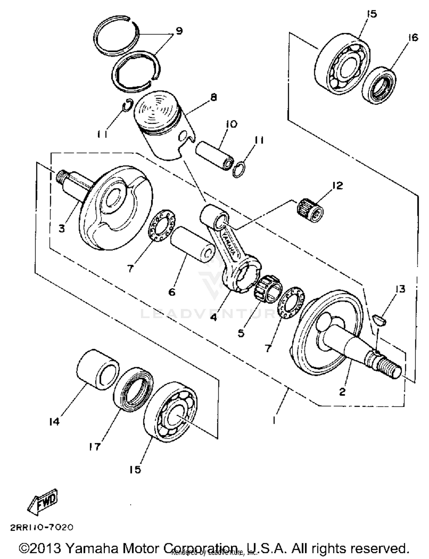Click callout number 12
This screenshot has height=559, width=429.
(337, 186)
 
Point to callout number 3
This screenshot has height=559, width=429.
(62, 228)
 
